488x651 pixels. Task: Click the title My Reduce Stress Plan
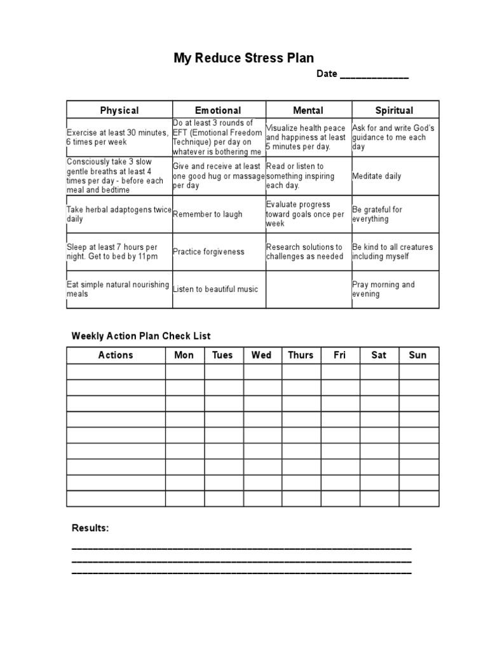point(244,58)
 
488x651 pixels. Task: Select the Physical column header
point(119,111)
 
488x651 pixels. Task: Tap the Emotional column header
point(218,111)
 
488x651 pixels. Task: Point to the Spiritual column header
point(394,111)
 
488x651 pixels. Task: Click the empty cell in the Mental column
point(308,289)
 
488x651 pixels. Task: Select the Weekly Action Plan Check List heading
point(141,336)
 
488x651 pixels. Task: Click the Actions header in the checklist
point(116,355)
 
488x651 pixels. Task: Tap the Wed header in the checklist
point(261,355)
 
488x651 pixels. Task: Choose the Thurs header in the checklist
point(301,355)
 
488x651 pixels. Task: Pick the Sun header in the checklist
point(417,355)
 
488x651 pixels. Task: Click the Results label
point(90,528)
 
